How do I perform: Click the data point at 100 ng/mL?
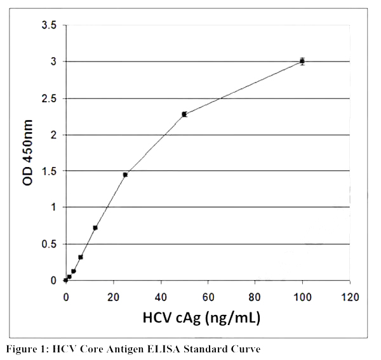point(302,62)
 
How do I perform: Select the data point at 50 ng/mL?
point(184,114)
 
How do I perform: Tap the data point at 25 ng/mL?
point(125,175)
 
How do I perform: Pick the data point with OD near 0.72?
point(95,228)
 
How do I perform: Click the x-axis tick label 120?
point(349,297)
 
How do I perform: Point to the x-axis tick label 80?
point(255,297)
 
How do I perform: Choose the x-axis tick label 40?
point(161,297)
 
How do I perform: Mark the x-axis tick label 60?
point(208,297)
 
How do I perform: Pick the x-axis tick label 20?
point(113,297)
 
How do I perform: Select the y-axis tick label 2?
point(53,135)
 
